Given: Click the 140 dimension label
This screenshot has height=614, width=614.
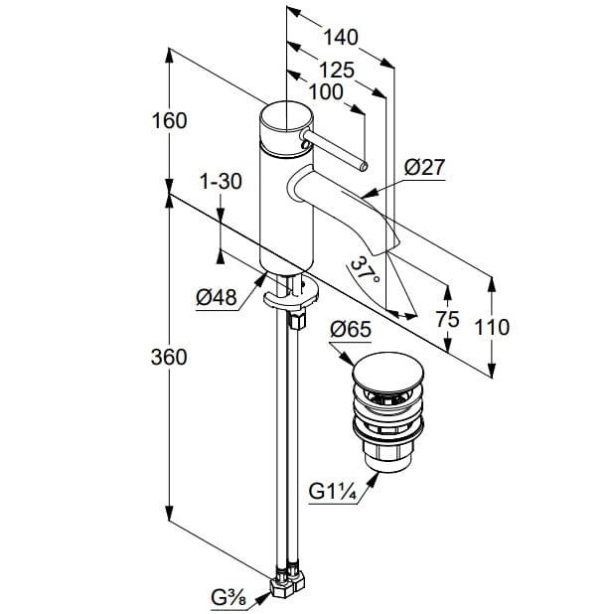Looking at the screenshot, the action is click(x=341, y=38).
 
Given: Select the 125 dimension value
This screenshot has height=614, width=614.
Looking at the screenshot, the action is click(x=337, y=71).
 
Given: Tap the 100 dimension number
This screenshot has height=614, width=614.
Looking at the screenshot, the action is click(x=326, y=92).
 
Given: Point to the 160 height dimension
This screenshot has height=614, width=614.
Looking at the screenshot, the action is click(x=169, y=120).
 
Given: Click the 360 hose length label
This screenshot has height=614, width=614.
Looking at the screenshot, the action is click(x=169, y=357).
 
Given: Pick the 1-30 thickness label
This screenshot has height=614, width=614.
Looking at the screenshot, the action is click(x=221, y=182).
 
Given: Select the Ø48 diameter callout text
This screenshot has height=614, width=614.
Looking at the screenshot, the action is click(x=217, y=298).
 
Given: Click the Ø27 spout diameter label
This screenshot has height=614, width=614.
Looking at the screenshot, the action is click(x=425, y=168).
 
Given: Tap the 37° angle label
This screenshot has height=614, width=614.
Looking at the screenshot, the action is click(x=365, y=271).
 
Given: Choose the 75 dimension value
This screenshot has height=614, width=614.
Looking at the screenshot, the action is click(x=447, y=319).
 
